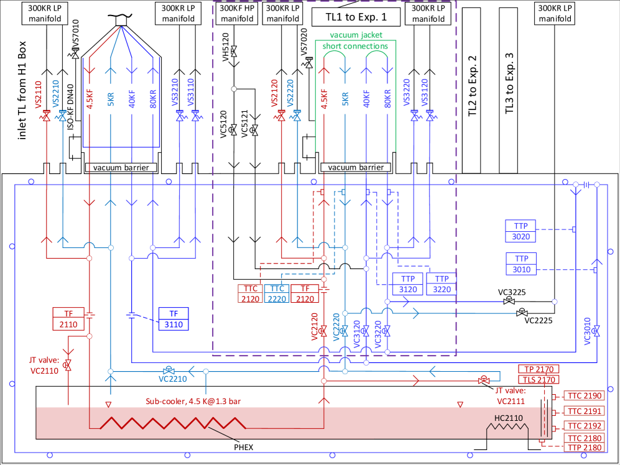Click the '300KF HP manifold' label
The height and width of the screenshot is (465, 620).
237,14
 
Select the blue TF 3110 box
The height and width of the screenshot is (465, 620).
173,318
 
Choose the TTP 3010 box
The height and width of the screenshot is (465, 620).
521,264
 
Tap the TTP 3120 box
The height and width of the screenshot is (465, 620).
408,284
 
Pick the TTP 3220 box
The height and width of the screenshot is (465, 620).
442,284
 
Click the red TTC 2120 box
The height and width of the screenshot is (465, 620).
251,293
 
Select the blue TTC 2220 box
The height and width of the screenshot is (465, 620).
277,293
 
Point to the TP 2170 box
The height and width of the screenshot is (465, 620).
539,369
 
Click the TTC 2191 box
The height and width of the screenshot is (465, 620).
583,411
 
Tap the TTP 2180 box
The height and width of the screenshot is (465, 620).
583,448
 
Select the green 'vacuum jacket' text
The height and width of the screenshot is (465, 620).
356,35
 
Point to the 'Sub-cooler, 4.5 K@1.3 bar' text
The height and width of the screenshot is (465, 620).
193,402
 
